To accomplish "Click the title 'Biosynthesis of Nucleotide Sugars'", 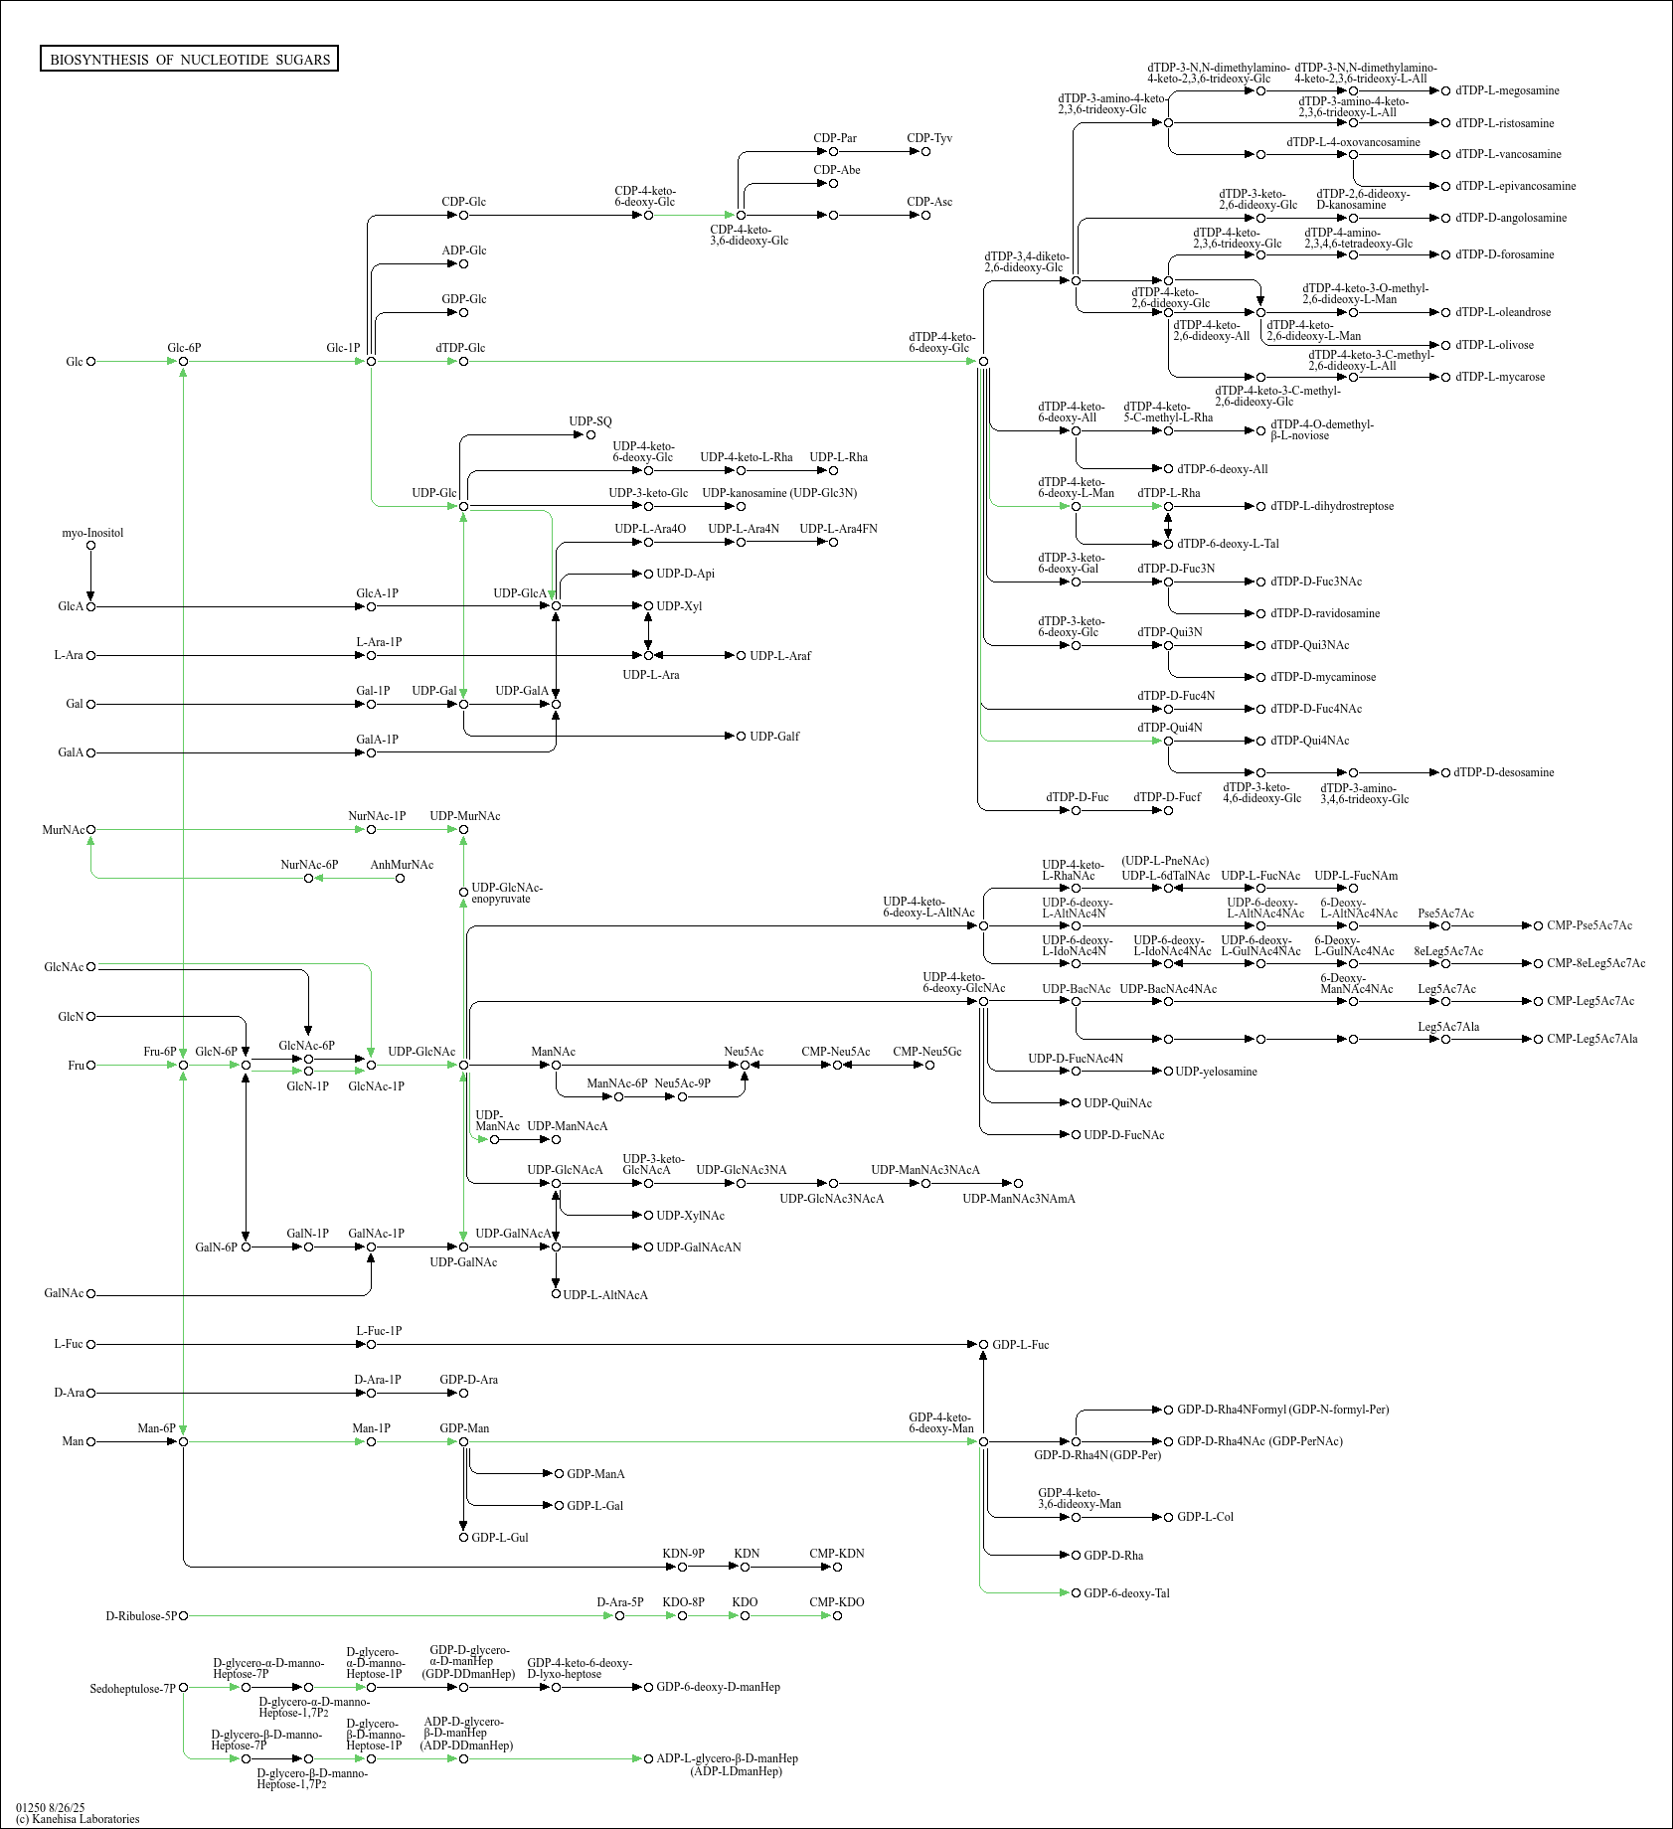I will [x=190, y=60].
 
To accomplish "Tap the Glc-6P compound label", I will [x=184, y=348].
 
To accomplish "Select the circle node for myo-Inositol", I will [x=91, y=546].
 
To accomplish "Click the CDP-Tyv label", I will [x=929, y=138].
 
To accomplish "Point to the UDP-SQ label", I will [x=590, y=421].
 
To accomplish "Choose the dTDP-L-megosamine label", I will [x=1507, y=90].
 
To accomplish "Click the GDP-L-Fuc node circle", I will [x=984, y=1345].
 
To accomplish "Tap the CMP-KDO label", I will [x=837, y=1602].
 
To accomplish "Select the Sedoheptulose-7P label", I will [x=132, y=1689].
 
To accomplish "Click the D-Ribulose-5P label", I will [x=141, y=1616].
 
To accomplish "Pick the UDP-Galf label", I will [x=774, y=737].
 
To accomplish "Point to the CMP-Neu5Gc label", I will [x=927, y=1052].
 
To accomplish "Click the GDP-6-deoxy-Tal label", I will [x=1126, y=1593].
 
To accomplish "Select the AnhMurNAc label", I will [x=402, y=865].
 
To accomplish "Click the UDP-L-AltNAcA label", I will [x=605, y=1295].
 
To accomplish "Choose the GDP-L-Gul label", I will [x=500, y=1538].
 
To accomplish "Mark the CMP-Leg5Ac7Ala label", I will [x=1592, y=1039].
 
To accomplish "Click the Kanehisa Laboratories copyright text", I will [x=78, y=1819].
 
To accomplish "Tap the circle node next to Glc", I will [x=91, y=362].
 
